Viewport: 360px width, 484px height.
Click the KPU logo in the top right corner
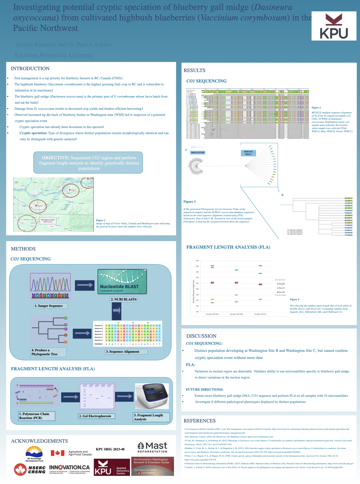(334, 26)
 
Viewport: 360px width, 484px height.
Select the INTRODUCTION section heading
(30, 69)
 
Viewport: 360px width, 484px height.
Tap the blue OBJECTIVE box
(88, 163)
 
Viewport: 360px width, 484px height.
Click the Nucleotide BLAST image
(122, 282)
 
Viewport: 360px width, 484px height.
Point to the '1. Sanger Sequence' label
(50, 306)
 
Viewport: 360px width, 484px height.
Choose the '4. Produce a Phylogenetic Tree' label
(48, 352)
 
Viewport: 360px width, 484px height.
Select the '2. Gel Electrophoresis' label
(96, 416)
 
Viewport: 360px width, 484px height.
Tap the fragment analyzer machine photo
(152, 396)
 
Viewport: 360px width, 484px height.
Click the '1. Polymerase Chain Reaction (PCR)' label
(37, 416)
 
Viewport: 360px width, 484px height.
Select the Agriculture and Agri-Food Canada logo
(71, 453)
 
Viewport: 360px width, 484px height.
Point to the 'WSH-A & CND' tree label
(197, 153)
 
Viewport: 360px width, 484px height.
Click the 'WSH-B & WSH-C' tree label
(248, 153)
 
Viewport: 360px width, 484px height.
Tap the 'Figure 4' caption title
(294, 299)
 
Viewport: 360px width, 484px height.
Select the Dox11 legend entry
(281, 288)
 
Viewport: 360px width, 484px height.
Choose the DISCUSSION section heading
(201, 336)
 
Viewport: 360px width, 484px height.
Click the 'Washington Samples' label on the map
(48, 221)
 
